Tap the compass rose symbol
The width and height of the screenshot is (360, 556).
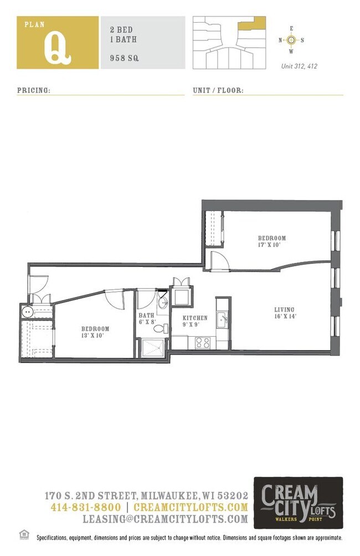pos(292,40)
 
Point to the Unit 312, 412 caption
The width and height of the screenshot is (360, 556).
pos(299,66)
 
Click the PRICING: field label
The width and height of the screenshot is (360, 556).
pos(34,90)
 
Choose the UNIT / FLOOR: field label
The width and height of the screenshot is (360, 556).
pos(218,90)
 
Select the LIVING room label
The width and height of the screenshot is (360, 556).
pos(285,310)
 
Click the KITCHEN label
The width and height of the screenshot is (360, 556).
pos(196,318)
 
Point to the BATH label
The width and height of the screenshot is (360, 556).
pos(147,316)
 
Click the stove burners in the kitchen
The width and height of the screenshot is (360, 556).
pos(202,342)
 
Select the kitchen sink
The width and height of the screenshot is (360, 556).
pos(222,319)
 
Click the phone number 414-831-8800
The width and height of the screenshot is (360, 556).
pos(85,507)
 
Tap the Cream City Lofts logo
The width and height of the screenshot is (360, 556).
pos(298,503)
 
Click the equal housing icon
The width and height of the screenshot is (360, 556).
pos(23,534)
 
